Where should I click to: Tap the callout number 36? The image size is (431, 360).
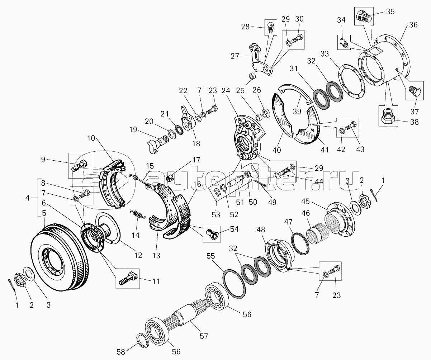point(413,25)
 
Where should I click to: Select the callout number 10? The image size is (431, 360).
point(91,138)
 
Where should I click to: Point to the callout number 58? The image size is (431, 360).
point(121,352)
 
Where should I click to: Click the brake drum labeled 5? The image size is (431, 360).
point(60,257)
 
